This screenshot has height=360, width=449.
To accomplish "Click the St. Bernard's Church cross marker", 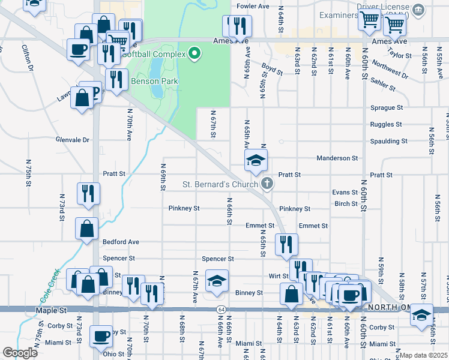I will tap(267, 184).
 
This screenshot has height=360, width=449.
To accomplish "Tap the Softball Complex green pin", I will tap(194, 54).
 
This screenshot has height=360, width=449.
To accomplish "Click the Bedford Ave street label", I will tap(121, 242).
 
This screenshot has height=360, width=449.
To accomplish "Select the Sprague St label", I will tap(387, 107).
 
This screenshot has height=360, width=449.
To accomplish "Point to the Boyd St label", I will tap(272, 69).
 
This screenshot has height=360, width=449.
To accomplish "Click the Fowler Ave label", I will tap(253, 6).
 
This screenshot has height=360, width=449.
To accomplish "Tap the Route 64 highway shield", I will tap(221, 309).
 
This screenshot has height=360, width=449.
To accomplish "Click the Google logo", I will tap(20, 353).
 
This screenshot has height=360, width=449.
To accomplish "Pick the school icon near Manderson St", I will tap(255, 160).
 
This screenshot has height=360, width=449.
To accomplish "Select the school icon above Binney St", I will tap(217, 280).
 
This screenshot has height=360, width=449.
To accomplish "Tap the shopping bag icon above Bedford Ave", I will tap(87, 227).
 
